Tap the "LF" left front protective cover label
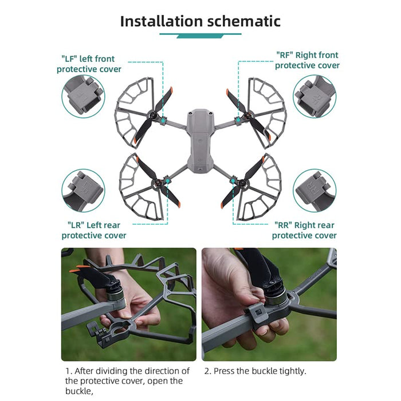coord(88,64)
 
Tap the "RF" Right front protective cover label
coord(307,60)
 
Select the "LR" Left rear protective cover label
coord(94,230)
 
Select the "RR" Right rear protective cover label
coord(304,230)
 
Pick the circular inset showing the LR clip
coord(84,190)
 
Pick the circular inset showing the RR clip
coord(314,190)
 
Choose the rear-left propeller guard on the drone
coord(140,186)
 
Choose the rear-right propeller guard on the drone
coord(261,186)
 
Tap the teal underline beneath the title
coord(200,36)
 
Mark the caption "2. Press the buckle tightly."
coord(255,371)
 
